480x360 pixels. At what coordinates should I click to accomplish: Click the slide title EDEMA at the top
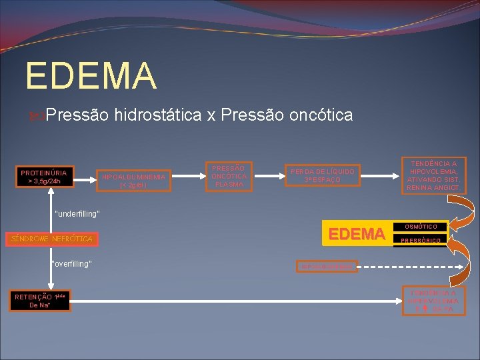pos(91,75)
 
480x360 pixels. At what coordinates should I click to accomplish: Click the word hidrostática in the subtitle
pos(158,115)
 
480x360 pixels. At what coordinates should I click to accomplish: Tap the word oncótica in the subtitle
pos(321,115)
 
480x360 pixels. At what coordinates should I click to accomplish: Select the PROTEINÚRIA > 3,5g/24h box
pos(43,176)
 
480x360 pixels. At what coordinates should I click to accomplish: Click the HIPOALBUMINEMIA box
pos(133,180)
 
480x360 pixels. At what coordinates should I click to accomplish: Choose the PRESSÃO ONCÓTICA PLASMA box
pos(229,175)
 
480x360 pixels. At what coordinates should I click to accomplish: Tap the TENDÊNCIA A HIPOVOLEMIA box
pos(433,175)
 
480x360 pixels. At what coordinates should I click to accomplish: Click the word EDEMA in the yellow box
pos(357,233)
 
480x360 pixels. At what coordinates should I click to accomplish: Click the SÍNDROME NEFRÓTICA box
pos(51,238)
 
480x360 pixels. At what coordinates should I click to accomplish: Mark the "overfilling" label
pos(71,264)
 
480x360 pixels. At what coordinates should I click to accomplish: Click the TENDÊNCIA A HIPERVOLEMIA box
pos(433,301)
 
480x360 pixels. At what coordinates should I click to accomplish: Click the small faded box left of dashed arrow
pos(327,267)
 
